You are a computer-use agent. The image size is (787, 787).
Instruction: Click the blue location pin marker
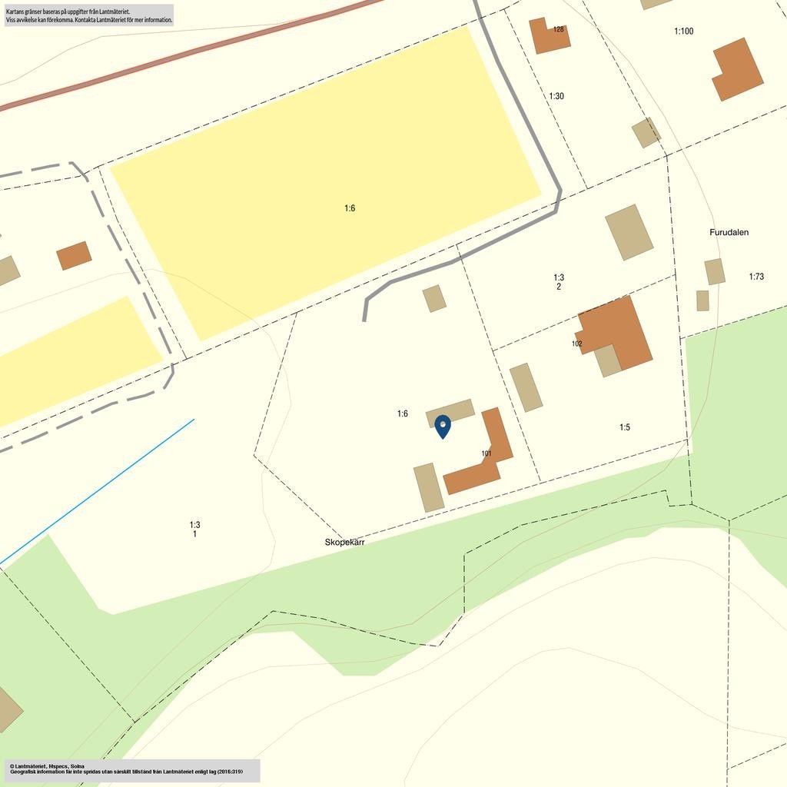[x=443, y=426]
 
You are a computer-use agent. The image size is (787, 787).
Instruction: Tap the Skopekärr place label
[x=344, y=542]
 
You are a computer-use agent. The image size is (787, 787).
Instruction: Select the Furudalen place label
[x=729, y=232]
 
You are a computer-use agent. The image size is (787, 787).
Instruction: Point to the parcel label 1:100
[x=683, y=32]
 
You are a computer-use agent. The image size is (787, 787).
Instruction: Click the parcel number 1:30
[x=556, y=96]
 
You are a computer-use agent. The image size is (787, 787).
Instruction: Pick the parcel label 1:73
[x=756, y=277]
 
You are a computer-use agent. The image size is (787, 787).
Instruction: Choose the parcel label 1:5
[x=625, y=427]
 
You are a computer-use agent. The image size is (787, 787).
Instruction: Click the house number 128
[x=559, y=29]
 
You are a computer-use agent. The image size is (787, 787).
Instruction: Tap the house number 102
[x=577, y=344]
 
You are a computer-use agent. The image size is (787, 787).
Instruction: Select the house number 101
[x=486, y=453]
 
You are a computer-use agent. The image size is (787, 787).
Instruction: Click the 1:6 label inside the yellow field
[x=350, y=208]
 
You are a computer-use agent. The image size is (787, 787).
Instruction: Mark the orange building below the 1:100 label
[x=737, y=69]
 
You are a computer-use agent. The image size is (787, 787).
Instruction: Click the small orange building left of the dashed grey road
[x=74, y=256]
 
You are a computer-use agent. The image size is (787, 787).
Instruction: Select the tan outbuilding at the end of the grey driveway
[x=434, y=298]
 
